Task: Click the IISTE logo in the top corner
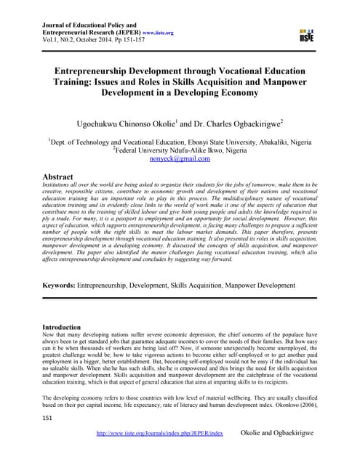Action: pos(308,33)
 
